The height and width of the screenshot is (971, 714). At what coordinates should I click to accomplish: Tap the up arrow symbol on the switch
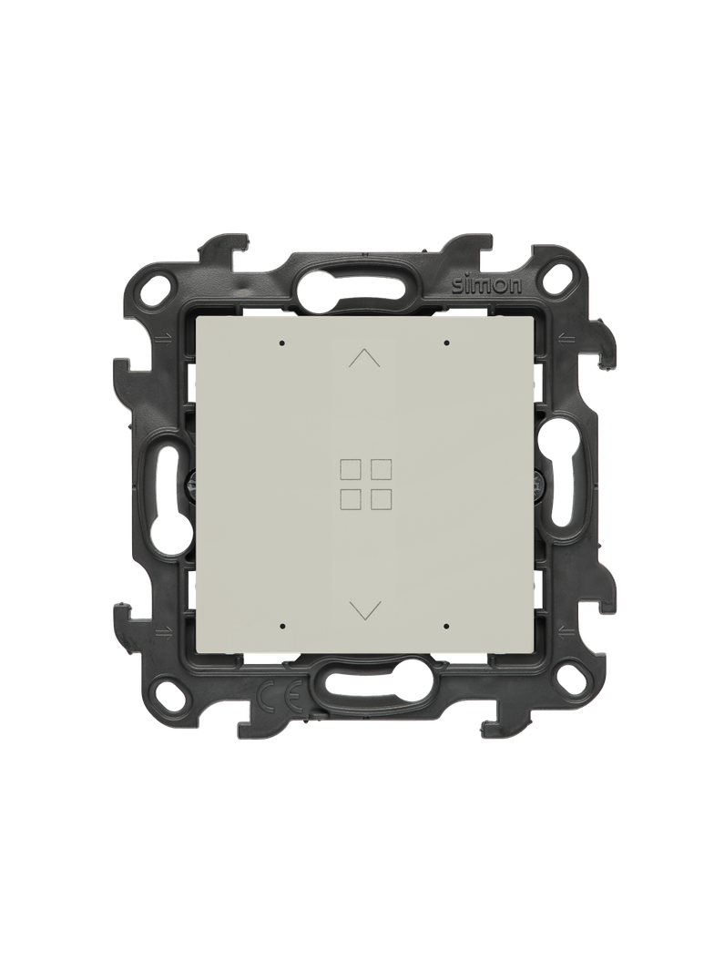point(364,358)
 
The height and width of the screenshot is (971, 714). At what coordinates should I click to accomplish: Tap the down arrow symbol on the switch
point(364,609)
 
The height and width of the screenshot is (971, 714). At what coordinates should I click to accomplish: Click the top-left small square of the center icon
point(350,469)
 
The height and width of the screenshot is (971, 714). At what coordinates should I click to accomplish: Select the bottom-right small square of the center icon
point(380,499)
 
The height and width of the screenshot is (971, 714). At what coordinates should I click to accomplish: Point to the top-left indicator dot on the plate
point(281,342)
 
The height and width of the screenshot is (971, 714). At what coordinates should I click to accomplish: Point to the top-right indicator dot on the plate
point(446,342)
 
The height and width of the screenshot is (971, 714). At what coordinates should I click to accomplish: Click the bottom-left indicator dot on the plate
point(281,626)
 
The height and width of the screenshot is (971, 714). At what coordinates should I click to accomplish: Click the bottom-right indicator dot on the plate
point(446,626)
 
